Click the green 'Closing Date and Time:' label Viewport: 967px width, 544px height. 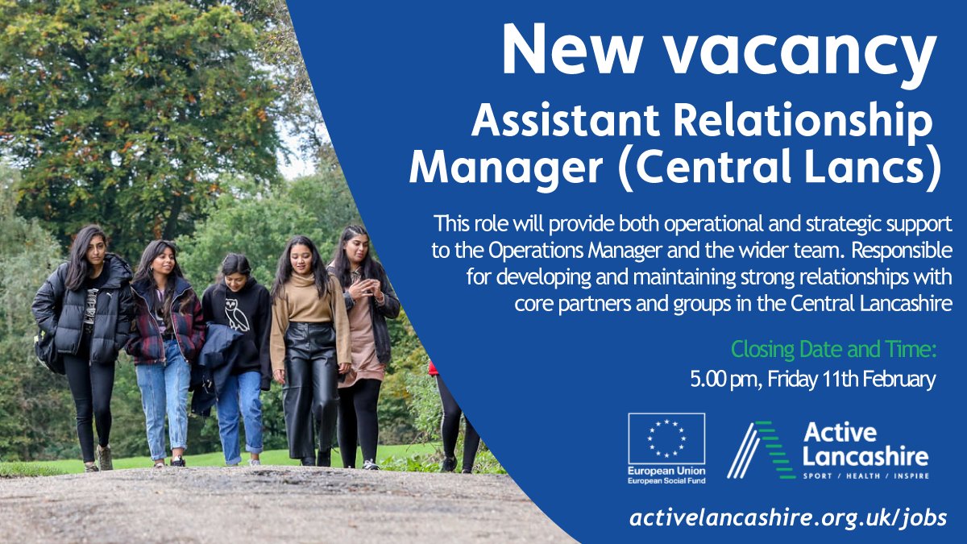pyautogui.click(x=835, y=350)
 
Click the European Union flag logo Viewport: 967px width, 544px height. pyautogui.click(x=666, y=438)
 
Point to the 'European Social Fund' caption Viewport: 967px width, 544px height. pyautogui.click(x=666, y=480)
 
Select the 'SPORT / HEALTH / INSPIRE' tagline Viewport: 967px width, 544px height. pyautogui.click(x=865, y=476)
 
